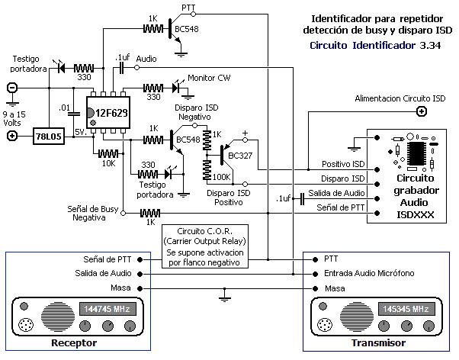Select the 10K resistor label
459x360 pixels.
pos(108,162)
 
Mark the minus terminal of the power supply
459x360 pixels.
pos(12,88)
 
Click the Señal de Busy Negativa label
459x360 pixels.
pos(91,213)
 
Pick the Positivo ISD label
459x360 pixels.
pos(343,164)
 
